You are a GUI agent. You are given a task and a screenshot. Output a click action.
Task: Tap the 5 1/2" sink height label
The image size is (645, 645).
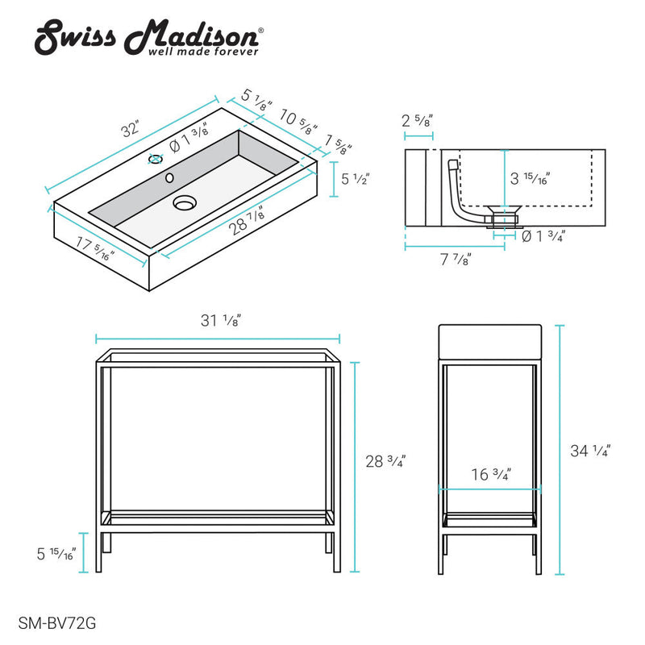click(x=356, y=179)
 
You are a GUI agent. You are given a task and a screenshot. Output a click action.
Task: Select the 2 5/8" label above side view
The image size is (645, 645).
click(x=418, y=121)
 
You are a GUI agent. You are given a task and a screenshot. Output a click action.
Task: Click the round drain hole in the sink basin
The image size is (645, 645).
click(x=185, y=203)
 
